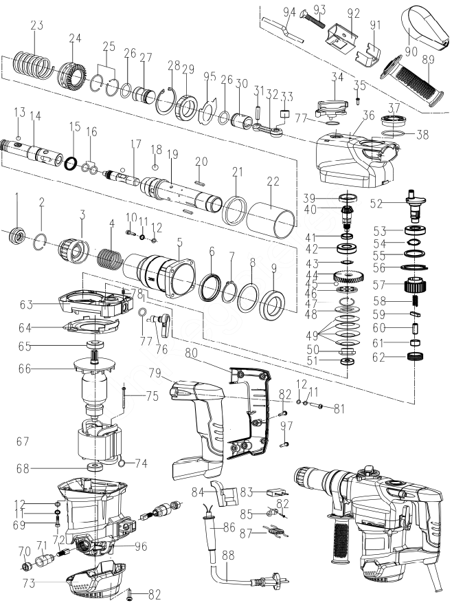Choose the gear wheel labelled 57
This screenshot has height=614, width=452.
(x=415, y=283)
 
